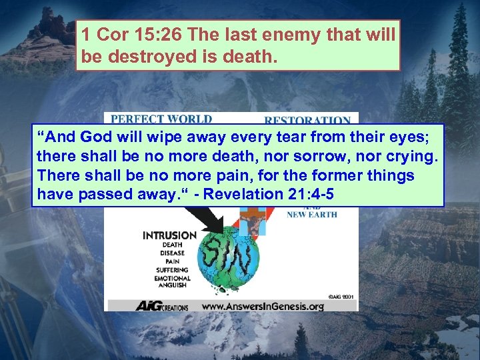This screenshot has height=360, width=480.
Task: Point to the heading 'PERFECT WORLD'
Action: (x=161, y=119)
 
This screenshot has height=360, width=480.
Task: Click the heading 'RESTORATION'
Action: (x=307, y=121)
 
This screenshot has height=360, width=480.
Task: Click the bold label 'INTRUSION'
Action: (x=169, y=235)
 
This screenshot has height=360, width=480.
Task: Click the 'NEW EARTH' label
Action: (x=311, y=215)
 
